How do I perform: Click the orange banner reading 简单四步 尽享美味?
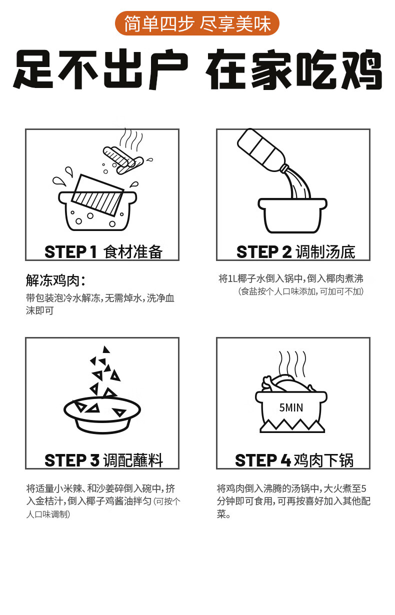tap(197, 23)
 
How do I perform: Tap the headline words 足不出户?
tap(100, 70)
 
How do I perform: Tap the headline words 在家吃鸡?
tap(294, 70)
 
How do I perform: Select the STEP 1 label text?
tap(70, 252)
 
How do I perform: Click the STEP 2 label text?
tap(264, 252)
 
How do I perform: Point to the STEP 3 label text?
tap(72, 460)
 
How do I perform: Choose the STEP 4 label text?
tap(263, 460)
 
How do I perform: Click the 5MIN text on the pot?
tap(291, 408)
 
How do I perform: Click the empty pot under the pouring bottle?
tap(292, 215)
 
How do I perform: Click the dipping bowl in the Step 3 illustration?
tap(102, 415)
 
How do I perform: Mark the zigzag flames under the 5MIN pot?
tap(292, 426)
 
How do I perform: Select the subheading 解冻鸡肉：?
tap(55, 280)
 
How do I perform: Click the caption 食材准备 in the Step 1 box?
tap(133, 252)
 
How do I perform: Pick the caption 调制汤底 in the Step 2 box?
tap(325, 252)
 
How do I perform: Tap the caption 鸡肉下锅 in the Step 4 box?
tap(324, 460)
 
